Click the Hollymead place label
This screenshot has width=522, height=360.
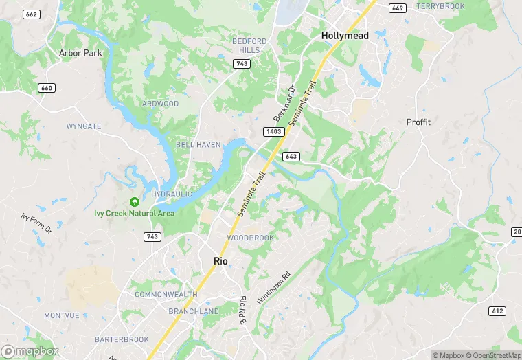[x=345, y=35]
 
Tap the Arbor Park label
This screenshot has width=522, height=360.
[x=80, y=53]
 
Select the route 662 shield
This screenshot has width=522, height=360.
[x=31, y=14]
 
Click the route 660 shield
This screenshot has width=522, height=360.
[x=47, y=88]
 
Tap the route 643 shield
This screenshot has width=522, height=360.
[x=290, y=157]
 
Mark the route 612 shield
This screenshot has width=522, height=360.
[x=498, y=311]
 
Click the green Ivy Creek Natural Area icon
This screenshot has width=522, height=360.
[x=135, y=201]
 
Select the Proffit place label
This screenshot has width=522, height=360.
[x=418, y=122]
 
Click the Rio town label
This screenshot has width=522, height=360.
[x=220, y=261]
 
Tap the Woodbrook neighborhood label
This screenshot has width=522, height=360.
[x=250, y=238]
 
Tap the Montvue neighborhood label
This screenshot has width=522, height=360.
[x=62, y=315]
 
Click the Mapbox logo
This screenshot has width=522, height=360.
[x=31, y=350]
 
